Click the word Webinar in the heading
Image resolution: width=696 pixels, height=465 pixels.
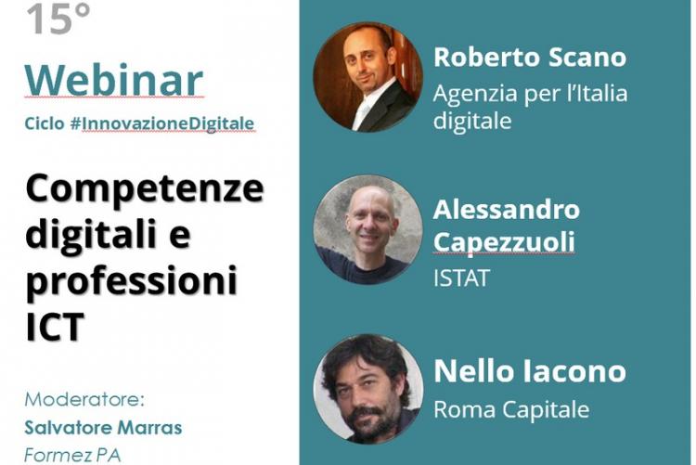point(114,81)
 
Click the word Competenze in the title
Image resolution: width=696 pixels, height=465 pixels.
point(145,189)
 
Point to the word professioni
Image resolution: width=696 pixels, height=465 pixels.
point(131,279)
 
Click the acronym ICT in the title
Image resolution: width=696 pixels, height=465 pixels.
point(55,326)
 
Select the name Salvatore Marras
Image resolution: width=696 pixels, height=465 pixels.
point(103,428)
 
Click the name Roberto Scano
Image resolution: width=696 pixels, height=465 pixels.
point(529,58)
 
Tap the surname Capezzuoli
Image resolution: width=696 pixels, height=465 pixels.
point(504,242)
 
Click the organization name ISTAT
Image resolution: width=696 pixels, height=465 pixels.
point(461,278)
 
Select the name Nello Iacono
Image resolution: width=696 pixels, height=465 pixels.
point(529,373)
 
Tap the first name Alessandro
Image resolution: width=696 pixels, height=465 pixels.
point(507,209)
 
